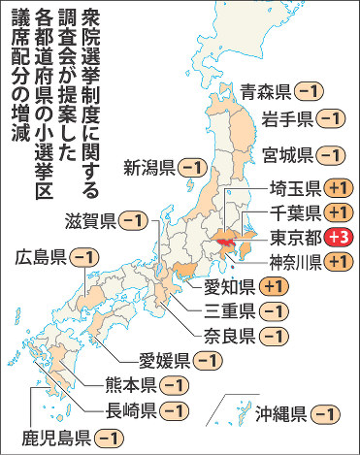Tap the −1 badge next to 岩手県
330,119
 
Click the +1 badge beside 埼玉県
337,188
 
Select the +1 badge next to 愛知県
274,285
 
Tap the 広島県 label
42,257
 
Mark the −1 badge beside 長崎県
176,410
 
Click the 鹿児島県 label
57,438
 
